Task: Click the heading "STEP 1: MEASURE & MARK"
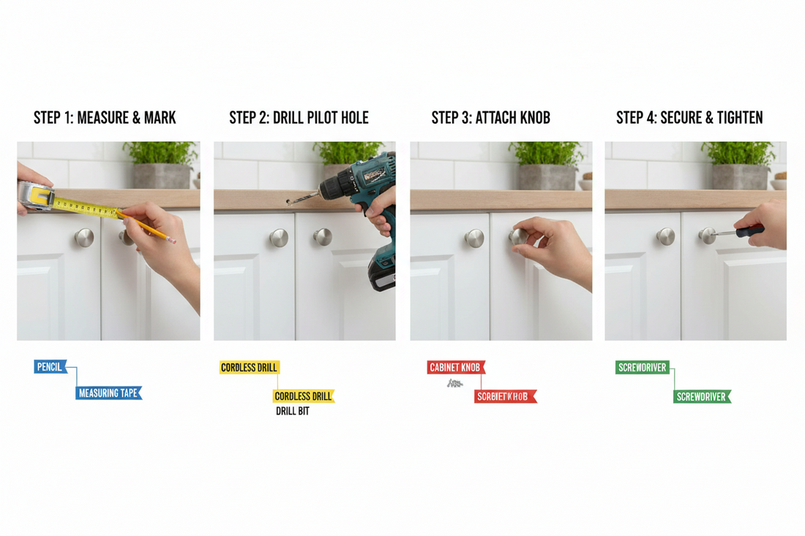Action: click(x=105, y=118)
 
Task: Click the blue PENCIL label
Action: click(x=50, y=367)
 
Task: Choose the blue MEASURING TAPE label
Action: click(x=108, y=393)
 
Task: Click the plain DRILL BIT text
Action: click(x=293, y=412)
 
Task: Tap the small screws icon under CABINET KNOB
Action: click(x=454, y=383)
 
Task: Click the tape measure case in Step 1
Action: click(x=34, y=195)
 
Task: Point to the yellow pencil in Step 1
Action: click(x=146, y=226)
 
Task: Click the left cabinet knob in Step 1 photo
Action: click(x=84, y=237)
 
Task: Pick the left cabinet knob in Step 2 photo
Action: click(x=278, y=237)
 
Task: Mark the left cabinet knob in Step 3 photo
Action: click(x=474, y=238)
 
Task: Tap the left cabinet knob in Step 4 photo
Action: click(x=665, y=236)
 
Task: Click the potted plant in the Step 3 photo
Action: click(x=550, y=165)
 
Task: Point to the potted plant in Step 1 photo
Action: click(x=161, y=165)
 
